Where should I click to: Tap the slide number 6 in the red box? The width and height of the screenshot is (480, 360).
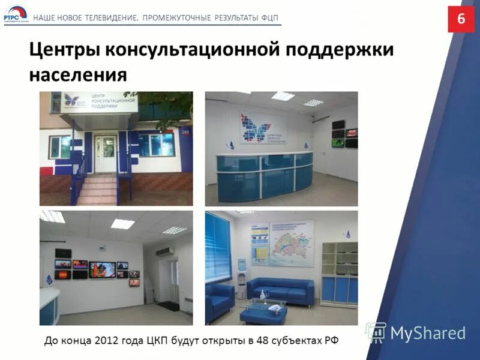[461, 19]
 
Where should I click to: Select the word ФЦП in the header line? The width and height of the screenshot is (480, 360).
[270, 17]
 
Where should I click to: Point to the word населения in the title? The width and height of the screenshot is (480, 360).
[78, 75]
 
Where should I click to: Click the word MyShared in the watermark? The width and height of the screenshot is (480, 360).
[428, 333]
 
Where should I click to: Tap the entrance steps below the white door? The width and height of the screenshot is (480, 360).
[96, 189]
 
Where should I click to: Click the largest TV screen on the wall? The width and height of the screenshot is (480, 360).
[102, 269]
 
